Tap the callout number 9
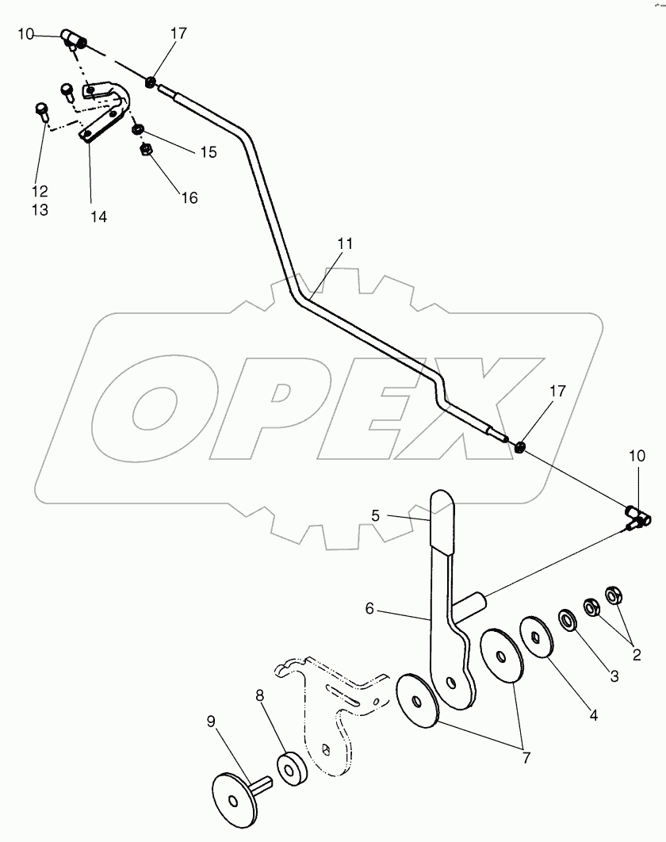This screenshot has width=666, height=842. (211, 721)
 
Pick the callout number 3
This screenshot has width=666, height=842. (613, 677)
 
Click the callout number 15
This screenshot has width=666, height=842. (208, 152)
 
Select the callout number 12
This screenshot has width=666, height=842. (40, 191)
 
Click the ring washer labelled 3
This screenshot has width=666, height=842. (568, 618)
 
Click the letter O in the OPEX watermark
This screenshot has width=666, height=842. (155, 409)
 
